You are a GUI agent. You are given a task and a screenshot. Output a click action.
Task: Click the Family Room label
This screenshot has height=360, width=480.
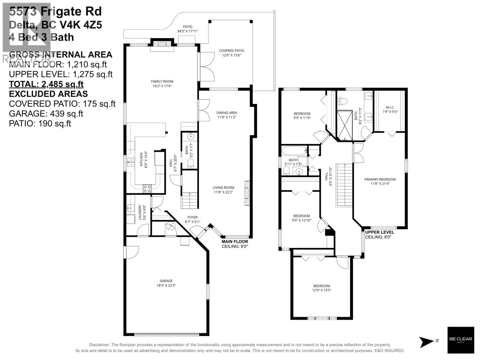[162, 81]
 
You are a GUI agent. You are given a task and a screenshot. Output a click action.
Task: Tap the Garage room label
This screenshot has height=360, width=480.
[166, 281]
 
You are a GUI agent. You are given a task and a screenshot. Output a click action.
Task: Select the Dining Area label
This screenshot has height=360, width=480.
[226, 113]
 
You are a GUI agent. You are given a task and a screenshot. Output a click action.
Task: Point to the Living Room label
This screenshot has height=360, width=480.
[223, 188]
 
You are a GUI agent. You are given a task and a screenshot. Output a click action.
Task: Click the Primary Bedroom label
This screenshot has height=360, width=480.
[380, 179]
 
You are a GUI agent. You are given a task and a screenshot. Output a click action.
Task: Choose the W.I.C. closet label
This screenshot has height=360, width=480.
[390, 107]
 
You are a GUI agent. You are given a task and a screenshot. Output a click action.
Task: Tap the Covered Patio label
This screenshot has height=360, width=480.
[231, 51]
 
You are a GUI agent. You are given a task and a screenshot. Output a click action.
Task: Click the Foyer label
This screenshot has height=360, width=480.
[192, 217]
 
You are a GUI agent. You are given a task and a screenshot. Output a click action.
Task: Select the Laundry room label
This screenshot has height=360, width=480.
[140, 212]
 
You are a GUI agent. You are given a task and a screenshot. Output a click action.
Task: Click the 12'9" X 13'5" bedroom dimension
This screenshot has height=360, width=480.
[322, 290]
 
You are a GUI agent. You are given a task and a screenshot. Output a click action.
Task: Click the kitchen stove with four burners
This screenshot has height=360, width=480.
[147, 189]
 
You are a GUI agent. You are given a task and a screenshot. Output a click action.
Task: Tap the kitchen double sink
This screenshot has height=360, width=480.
[130, 163]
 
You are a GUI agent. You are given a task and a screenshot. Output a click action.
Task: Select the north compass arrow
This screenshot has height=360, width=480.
[427, 340]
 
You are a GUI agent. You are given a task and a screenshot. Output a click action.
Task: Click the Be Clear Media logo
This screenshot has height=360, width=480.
[460, 340]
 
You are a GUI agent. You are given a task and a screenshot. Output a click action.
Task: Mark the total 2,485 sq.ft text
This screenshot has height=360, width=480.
[46, 84]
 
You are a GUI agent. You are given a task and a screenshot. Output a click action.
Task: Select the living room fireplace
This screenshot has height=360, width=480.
[247, 193]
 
